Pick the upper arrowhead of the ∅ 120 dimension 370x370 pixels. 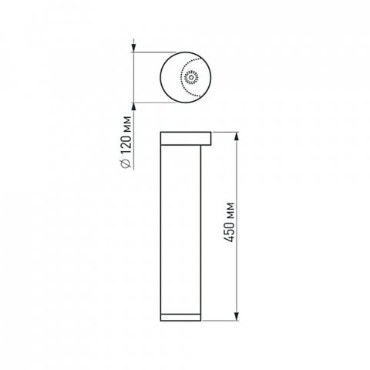135,48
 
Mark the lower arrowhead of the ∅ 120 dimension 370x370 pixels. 135,106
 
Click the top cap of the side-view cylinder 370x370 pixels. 186,139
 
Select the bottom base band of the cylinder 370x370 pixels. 182,316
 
